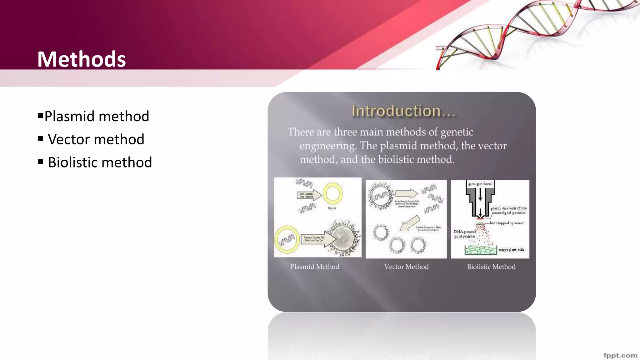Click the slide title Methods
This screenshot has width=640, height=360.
click(82, 59)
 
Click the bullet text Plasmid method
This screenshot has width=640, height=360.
click(97, 116)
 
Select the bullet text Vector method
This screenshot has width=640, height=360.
click(96, 139)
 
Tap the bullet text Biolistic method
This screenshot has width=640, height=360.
click(100, 162)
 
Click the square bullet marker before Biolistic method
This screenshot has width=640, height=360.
click(41, 162)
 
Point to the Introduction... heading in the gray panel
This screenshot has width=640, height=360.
click(403, 111)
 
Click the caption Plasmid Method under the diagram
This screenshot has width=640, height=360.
click(314, 267)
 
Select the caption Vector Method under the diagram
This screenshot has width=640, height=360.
click(406, 267)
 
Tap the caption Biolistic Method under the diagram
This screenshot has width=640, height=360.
click(491, 267)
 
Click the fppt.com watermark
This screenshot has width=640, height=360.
click(620, 355)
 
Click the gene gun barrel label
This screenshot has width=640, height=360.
click(480, 184)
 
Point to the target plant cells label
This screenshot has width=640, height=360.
click(511, 250)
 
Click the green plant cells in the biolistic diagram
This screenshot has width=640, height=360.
click(481, 250)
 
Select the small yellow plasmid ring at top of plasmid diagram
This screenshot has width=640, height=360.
click(332, 194)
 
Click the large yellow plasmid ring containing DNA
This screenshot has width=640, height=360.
click(287, 240)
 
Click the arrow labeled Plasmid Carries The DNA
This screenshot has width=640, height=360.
click(317, 239)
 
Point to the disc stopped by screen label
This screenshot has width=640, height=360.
click(507, 223)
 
